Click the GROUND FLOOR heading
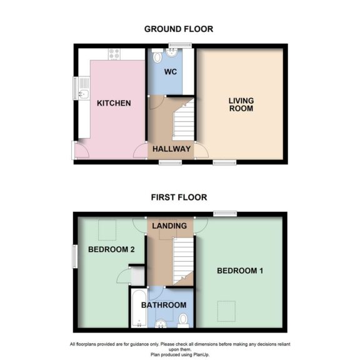coord(179,29)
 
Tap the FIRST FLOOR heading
coord(179,197)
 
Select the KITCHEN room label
coord(114,102)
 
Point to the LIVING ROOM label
coord(241,104)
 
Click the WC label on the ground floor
coord(171,72)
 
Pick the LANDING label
coord(169,226)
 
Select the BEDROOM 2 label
coord(112,249)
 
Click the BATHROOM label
coord(164,304)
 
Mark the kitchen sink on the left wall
coord(83,94)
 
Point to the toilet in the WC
coord(157,57)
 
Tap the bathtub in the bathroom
coord(138,308)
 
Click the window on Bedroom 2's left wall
coord(74,256)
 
